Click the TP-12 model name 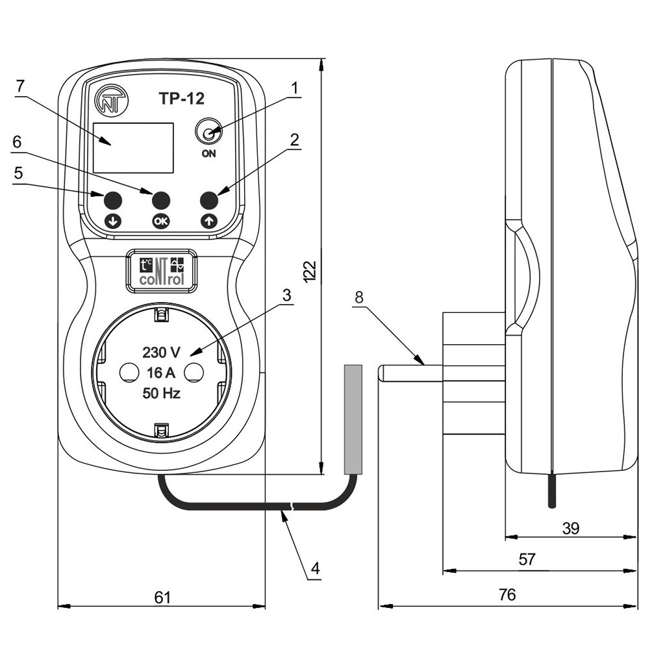(x=182, y=99)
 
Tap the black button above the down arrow (x=113, y=199)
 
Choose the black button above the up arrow (x=209, y=199)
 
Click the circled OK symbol (x=160, y=221)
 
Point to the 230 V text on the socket (x=162, y=353)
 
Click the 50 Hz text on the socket (x=162, y=394)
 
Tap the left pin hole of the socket (x=127, y=371)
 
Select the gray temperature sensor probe (x=352, y=419)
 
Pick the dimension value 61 (x=162, y=597)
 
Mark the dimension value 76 (x=508, y=594)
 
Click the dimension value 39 (x=570, y=527)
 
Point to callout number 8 (x=360, y=297)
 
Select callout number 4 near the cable (x=315, y=568)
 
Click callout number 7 (x=20, y=86)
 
